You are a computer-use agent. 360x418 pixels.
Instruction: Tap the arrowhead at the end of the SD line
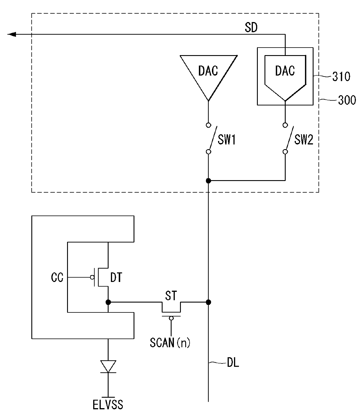12,35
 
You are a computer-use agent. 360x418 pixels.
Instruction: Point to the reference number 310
341,77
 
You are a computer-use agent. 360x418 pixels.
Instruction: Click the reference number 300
347,100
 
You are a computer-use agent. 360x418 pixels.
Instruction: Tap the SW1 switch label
227,140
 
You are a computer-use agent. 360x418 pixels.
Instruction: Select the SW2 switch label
304,140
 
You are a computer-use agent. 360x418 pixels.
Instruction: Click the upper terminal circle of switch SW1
208,125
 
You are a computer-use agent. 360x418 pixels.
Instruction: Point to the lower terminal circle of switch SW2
285,152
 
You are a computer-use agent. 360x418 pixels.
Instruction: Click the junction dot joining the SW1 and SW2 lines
208,181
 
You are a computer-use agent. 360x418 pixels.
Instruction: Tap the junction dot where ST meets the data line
208,302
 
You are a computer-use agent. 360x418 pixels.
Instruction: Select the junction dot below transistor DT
108,302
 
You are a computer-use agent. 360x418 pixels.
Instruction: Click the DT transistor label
116,277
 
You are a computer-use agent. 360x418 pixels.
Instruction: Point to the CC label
57,277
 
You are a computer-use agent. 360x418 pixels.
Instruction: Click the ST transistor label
171,296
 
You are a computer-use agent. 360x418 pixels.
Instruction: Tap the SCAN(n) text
170,343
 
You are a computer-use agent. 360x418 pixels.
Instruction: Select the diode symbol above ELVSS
108,366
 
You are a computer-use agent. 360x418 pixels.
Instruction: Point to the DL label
233,363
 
